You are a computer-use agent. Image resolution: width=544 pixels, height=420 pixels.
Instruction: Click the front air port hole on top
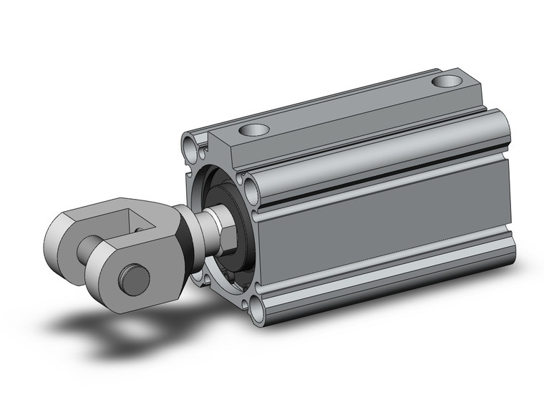coord(253,130)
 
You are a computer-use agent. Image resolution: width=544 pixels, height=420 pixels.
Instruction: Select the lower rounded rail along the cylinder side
coord(387,275)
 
